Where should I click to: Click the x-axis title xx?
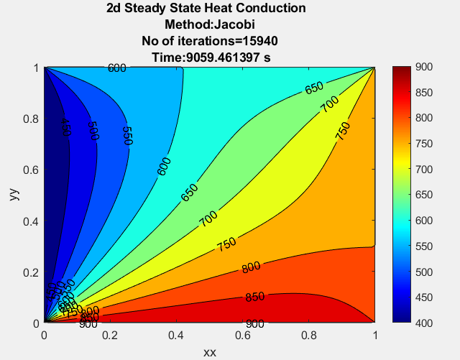click(210, 352)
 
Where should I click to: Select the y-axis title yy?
click(15, 195)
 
